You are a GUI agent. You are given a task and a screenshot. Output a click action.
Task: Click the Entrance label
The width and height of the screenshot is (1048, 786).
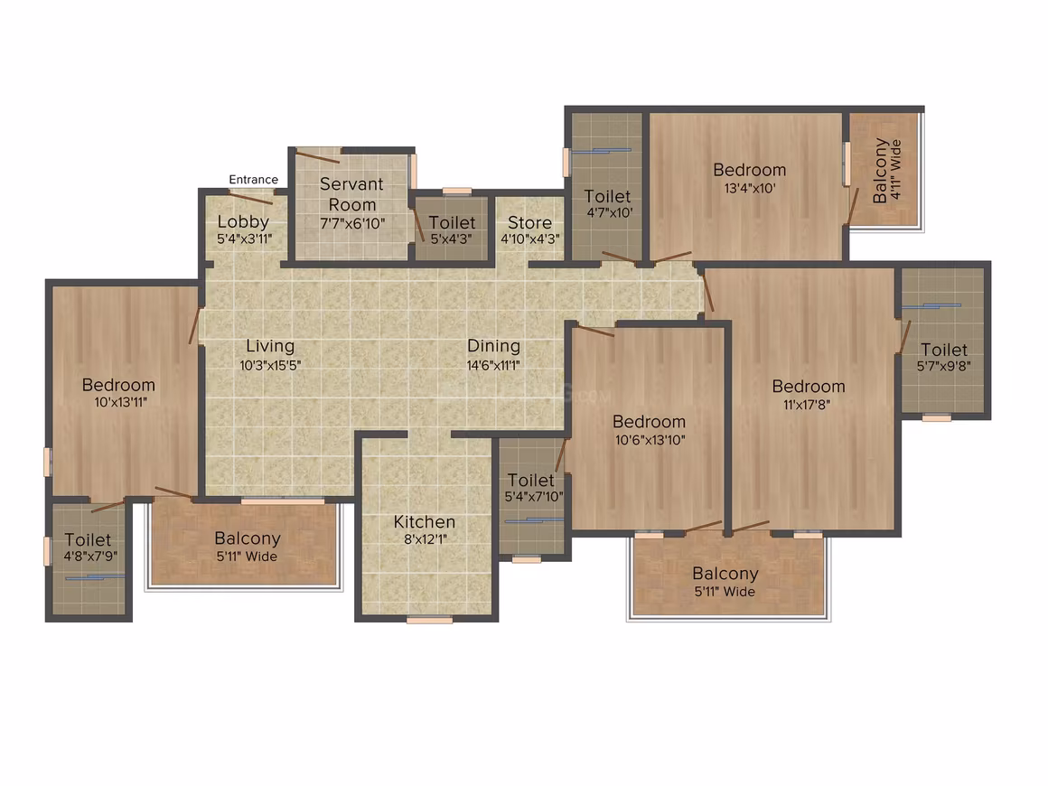tap(253, 179)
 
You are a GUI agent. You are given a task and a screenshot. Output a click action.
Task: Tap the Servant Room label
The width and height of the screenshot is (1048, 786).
tap(351, 194)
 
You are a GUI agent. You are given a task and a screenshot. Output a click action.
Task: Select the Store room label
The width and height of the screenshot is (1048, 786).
tap(530, 222)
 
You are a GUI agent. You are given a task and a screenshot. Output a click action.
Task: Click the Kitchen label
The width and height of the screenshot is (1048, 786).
tap(425, 521)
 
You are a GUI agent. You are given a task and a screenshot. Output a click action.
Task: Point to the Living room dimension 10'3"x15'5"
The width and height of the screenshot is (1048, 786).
tap(270, 365)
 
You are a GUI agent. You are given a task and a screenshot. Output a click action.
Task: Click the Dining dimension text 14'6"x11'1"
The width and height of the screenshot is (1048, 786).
tap(493, 365)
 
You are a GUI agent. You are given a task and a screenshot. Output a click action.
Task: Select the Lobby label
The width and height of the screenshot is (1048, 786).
tap(243, 222)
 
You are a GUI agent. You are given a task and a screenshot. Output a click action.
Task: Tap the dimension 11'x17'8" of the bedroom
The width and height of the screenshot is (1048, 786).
tap(807, 405)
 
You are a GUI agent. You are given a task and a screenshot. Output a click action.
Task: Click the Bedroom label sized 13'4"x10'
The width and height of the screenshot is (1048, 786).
tap(749, 170)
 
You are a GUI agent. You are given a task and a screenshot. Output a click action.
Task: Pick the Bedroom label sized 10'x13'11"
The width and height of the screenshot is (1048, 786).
tap(118, 384)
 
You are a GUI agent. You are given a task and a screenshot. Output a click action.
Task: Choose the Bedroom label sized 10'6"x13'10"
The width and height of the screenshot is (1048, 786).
tap(649, 422)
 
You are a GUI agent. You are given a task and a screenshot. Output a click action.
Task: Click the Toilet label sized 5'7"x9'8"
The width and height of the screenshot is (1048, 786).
tap(944, 349)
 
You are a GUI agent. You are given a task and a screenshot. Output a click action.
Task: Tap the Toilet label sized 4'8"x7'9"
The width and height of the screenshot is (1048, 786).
tap(88, 539)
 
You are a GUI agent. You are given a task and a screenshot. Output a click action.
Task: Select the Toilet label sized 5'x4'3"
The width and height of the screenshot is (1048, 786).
tap(452, 222)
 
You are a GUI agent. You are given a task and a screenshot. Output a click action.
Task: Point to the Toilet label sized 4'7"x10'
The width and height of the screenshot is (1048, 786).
tap(607, 197)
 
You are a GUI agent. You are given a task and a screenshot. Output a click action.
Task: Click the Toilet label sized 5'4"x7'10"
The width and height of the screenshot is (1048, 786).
tap(530, 480)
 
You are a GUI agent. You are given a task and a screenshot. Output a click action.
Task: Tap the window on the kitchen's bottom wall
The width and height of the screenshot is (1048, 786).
tap(429, 621)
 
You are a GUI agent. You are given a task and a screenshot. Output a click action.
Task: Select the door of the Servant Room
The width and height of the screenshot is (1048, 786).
tap(317, 157)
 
